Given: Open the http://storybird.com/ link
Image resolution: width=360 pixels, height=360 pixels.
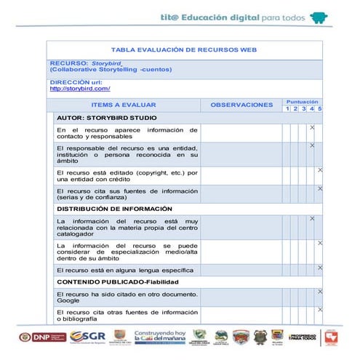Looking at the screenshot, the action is click(79, 89).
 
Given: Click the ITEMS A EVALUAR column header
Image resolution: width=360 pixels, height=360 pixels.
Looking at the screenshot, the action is click(124, 105).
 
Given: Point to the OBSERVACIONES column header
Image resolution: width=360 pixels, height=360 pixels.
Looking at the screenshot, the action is click(241, 105).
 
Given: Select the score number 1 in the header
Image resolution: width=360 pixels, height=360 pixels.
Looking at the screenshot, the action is click(287, 109).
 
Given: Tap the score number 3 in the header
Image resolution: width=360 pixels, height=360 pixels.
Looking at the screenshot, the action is click(303, 109).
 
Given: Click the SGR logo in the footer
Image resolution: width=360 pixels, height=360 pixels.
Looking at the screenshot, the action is click(88, 336).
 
